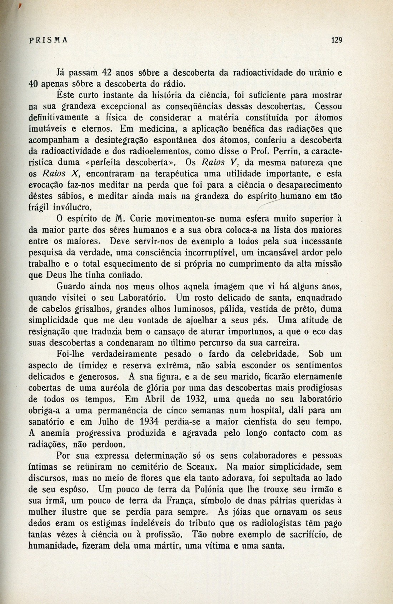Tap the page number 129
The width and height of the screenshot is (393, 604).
tap(337, 40)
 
